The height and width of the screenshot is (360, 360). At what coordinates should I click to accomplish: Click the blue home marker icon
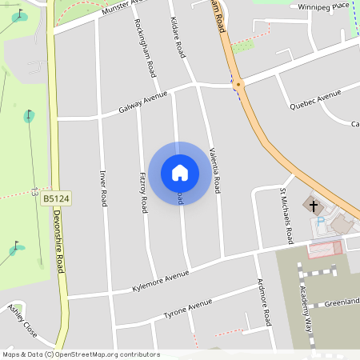(x=180, y=172)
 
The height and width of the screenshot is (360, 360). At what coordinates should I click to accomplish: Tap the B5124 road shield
(x=55, y=198)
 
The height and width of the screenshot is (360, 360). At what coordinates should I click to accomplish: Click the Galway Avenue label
(x=143, y=102)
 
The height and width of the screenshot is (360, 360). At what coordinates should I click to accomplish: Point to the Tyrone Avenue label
(x=188, y=307)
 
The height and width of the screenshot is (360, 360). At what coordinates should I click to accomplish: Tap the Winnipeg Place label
(x=324, y=6)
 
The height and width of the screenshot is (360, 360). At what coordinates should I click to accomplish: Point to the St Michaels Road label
(x=286, y=216)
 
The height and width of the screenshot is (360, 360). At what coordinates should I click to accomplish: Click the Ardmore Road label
(x=264, y=305)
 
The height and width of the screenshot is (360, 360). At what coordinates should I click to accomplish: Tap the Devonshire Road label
(x=58, y=240)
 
